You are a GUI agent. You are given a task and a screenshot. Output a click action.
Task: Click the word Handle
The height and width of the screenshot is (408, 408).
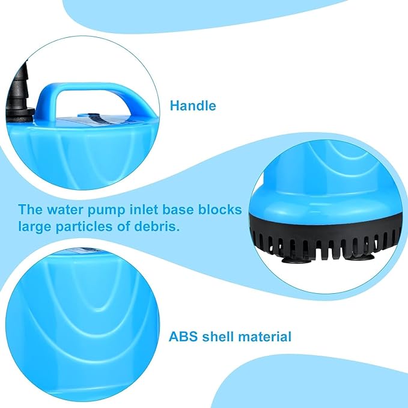pyautogui.click(x=193, y=106)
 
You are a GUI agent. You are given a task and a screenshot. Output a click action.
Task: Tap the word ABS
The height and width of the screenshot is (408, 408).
pyautogui.click(x=183, y=336)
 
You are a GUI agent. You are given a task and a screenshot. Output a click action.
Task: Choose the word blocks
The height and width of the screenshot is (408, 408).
pyautogui.click(x=220, y=210)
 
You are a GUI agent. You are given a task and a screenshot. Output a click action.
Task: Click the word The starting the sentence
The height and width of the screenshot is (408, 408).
pyautogui.click(x=30, y=210)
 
